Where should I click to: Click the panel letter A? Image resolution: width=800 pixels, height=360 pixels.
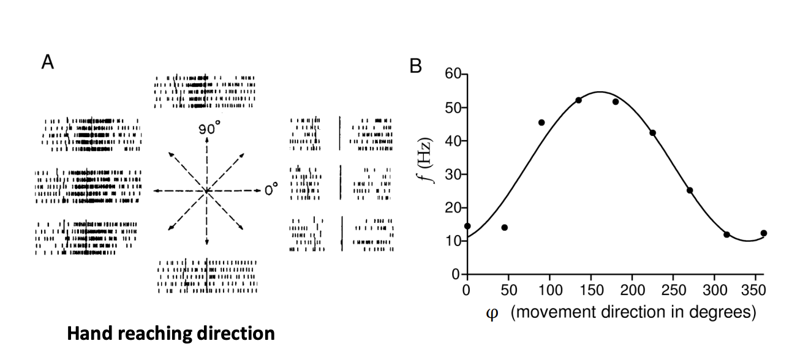(x=48, y=62)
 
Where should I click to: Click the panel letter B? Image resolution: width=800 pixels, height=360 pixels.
(x=416, y=66)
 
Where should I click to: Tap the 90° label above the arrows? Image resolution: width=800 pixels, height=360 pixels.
(x=208, y=130)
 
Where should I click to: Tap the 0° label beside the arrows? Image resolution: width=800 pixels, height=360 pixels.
(x=271, y=190)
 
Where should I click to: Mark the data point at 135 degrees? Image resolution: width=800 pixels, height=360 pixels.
(x=578, y=100)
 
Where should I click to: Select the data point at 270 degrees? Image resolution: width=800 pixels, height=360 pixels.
(x=690, y=190)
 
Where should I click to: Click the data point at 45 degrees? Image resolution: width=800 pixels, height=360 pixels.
(x=504, y=228)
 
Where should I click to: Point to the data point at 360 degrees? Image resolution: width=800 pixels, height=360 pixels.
(x=764, y=233)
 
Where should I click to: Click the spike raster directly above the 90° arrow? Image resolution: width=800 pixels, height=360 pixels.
(x=205, y=92)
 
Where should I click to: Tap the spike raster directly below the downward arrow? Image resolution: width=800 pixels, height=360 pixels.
(x=207, y=276)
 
